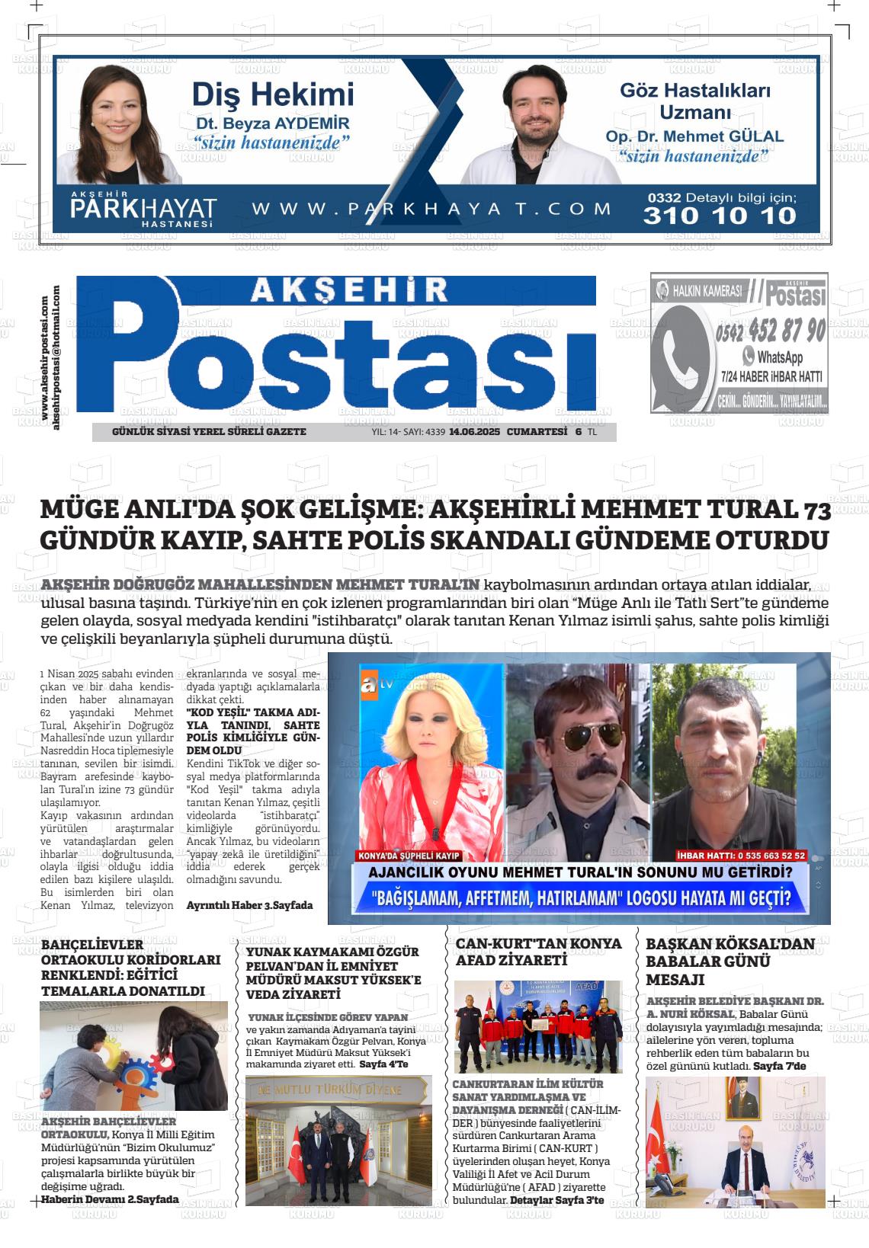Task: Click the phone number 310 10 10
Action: (719, 216)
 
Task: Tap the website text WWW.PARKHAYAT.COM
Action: (431, 209)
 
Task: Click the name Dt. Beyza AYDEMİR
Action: (272, 123)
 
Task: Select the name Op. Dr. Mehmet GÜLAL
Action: (694, 137)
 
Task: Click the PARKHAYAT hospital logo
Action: (143, 210)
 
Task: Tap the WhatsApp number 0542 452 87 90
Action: (770, 331)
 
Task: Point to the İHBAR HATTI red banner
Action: (741, 855)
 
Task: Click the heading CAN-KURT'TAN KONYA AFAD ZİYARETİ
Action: (538, 952)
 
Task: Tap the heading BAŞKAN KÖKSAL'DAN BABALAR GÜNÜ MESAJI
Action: (730, 961)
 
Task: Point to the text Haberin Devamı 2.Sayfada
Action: (110, 1198)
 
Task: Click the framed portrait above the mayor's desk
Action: (736, 1097)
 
